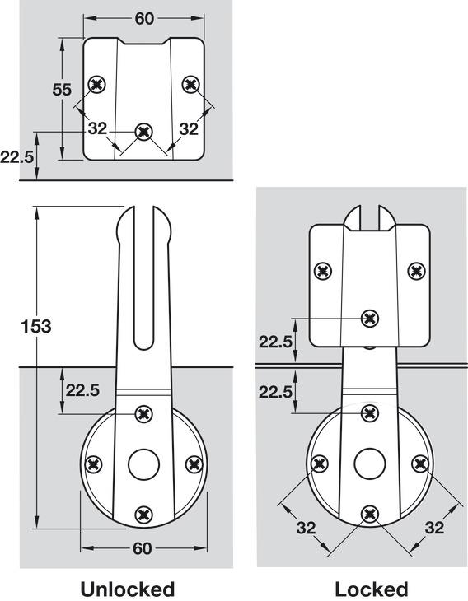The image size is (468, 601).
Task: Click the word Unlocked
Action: click(127, 589)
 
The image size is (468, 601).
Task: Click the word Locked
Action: click(371, 589)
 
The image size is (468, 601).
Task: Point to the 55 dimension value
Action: click(62, 89)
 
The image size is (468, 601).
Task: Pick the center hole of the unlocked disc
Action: click(143, 464)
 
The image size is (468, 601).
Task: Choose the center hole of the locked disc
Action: click(370, 463)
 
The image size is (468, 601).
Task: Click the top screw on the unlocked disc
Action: click(144, 413)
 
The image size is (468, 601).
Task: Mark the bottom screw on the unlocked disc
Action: click(144, 515)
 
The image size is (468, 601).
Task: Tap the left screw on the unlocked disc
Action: click(93, 464)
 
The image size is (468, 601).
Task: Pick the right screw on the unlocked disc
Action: click(194, 464)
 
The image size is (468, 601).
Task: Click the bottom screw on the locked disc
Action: click(370, 515)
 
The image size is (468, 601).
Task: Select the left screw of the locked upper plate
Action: click(324, 270)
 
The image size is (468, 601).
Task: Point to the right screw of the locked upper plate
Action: click(416, 270)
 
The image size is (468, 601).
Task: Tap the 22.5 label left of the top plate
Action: click(16, 155)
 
